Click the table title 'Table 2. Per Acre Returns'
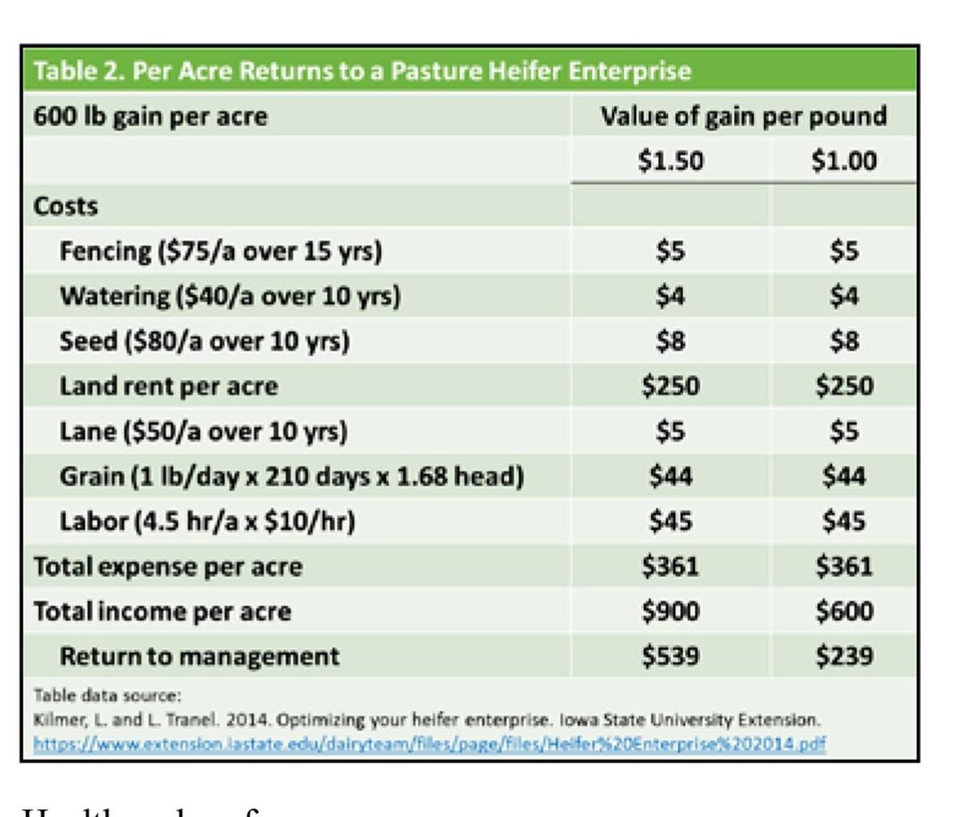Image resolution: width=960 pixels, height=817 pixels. tap(361, 71)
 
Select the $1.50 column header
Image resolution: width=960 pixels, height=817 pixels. tap(670, 161)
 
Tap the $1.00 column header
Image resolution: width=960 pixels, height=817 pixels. tap(844, 161)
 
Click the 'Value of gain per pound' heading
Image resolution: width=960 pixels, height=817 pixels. tap(743, 117)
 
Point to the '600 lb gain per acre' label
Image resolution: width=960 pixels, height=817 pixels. tap(150, 117)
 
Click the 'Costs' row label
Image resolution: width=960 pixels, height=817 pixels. tap(66, 206)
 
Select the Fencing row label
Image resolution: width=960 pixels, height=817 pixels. tap(221, 251)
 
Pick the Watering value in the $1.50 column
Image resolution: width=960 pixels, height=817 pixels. tap(670, 296)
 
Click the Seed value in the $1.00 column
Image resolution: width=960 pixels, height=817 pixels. tap(844, 341)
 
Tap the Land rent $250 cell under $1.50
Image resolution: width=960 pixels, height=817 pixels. tap(670, 386)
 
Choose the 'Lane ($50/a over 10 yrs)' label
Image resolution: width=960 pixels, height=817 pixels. tap(204, 432)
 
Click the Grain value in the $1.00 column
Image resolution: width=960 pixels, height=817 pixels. tap(844, 476)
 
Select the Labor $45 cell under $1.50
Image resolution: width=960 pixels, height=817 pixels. tap(670, 521)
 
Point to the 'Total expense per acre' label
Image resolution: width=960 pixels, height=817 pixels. tap(168, 567)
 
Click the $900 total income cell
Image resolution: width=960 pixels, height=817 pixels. tap(670, 612)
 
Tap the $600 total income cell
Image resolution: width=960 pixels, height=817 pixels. tap(844, 612)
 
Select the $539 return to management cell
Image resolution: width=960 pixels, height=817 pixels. tap(670, 656)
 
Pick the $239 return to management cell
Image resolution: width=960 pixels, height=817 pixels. tap(844, 656)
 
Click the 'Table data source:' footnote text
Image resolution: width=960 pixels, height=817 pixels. tap(85, 695)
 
